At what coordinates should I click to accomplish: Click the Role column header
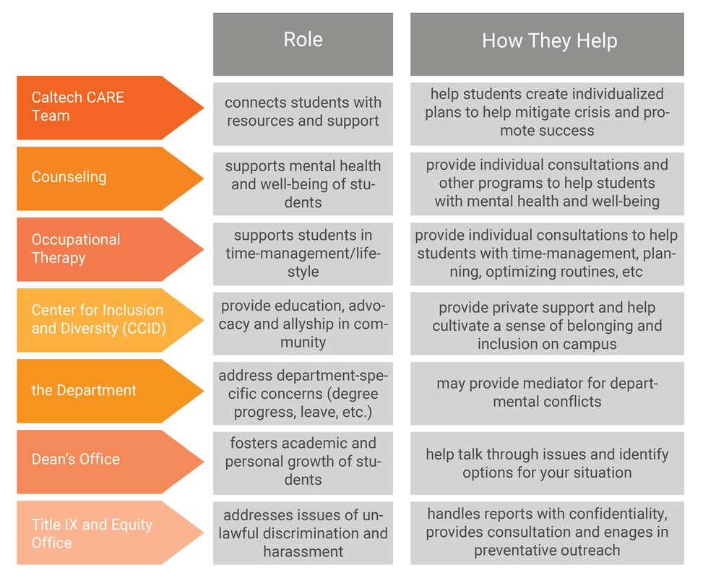pos(303,41)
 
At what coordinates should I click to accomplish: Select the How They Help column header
pos(547,41)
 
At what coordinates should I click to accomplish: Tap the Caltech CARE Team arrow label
pos(101,107)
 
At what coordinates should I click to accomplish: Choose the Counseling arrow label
pos(101,177)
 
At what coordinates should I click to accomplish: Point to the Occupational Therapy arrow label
pos(101,249)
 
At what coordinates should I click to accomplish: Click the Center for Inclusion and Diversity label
pos(101,319)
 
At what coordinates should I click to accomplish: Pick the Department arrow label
pos(101,390)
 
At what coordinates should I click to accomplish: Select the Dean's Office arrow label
pos(101,460)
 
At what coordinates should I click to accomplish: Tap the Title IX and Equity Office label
pos(101,533)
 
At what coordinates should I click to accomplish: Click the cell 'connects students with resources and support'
pos(303,112)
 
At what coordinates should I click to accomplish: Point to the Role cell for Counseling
pos(303,184)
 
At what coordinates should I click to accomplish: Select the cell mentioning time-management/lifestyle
pos(303,254)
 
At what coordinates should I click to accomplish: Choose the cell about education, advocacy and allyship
pos(303,324)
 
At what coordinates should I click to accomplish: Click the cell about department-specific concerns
pos(303,394)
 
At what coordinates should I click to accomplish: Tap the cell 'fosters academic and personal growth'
pos(303,462)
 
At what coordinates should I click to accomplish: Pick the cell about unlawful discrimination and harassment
pos(303,533)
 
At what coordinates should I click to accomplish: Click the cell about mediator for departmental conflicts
pos(547,392)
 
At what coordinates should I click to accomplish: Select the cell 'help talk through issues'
pos(547,463)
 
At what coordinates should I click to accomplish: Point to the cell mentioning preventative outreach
pos(547,532)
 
